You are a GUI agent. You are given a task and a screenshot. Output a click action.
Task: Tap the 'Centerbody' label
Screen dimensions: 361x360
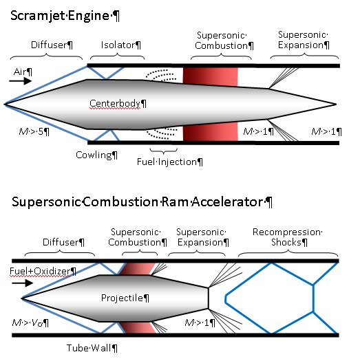(118, 104)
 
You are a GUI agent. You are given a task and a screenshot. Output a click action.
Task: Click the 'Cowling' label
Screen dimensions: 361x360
(94, 155)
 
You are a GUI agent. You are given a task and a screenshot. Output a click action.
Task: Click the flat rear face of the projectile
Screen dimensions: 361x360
(208, 298)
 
